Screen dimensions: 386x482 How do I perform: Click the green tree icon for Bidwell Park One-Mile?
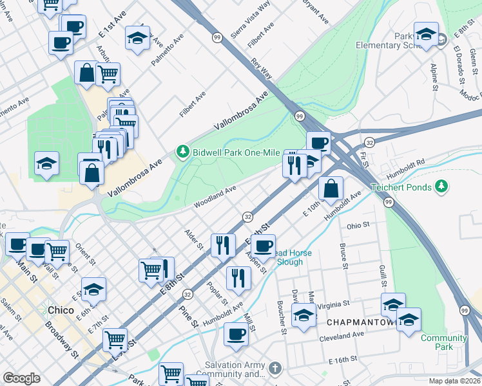(x=182, y=152)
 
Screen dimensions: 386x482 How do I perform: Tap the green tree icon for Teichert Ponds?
(x=441, y=187)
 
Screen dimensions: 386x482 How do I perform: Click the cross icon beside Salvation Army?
(x=275, y=369)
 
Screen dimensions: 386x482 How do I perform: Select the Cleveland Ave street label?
(x=341, y=336)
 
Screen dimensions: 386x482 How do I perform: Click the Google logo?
(x=21, y=378)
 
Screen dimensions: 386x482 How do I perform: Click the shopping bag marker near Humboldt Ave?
(x=331, y=188)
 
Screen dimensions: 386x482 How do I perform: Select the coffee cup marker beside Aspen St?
(x=262, y=245)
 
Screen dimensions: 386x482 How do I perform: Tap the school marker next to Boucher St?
(x=304, y=315)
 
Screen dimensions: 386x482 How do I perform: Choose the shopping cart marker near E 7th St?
(x=115, y=338)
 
